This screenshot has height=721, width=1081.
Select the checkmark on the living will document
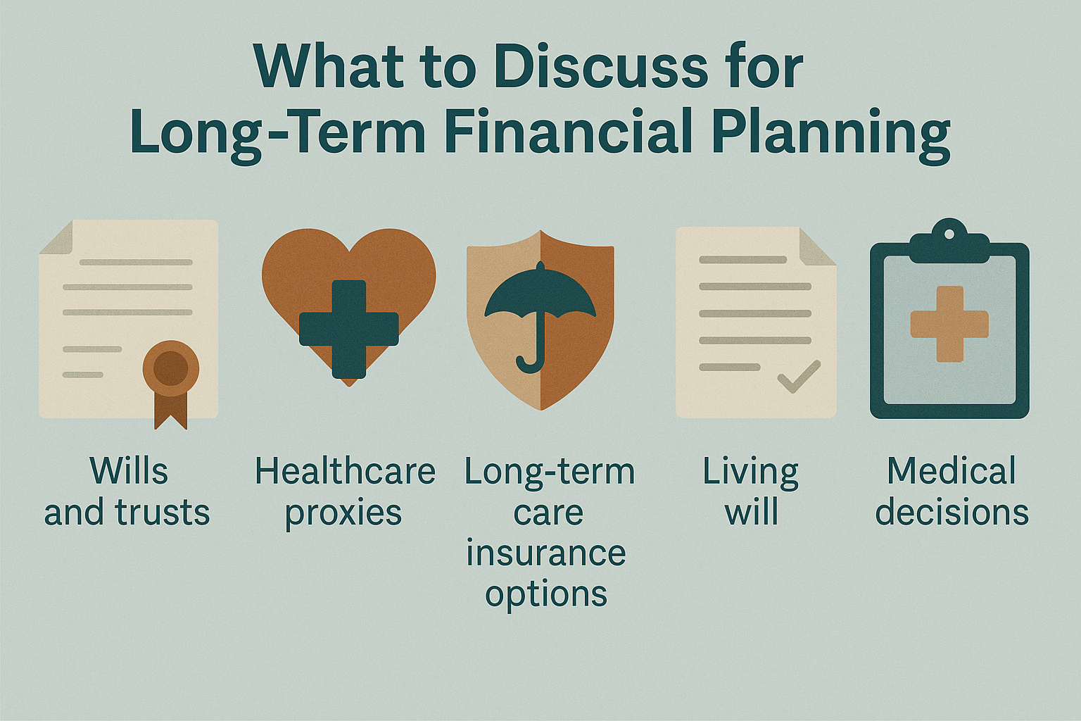pyautogui.click(x=799, y=376)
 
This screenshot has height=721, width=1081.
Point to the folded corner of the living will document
pyautogui.click(x=818, y=246)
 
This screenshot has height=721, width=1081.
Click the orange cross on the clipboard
pyautogui.click(x=949, y=324)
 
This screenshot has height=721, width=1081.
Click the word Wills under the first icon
pyautogui.click(x=129, y=471)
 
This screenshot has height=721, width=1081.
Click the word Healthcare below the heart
pyautogui.click(x=345, y=471)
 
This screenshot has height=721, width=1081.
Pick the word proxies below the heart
pyautogui.click(x=343, y=514)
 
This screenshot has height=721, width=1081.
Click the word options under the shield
pyautogui.click(x=546, y=595)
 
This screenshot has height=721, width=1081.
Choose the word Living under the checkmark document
pyautogui.click(x=750, y=474)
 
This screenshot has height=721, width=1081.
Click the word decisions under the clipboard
pyautogui.click(x=952, y=512)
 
